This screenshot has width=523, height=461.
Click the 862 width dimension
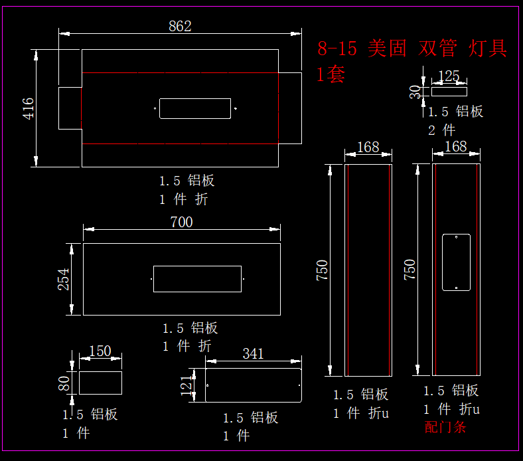[x=180, y=26]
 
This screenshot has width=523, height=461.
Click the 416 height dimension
[x=29, y=108]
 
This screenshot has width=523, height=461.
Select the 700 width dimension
[x=181, y=222]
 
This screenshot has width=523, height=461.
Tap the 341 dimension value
[x=253, y=353]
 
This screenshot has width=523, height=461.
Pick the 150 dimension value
[x=100, y=351]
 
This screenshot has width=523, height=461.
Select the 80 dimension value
[x=64, y=383]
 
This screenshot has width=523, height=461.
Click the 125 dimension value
[x=449, y=76]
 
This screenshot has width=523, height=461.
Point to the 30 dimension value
[x=416, y=92]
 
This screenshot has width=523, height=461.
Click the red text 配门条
[x=445, y=427]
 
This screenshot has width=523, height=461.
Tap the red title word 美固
[x=386, y=48]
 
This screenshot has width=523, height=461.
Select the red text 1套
[x=331, y=74]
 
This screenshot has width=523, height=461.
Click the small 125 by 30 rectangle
[x=449, y=92]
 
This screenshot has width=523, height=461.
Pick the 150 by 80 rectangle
[x=100, y=383]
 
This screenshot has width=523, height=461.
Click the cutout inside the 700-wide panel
[x=197, y=279]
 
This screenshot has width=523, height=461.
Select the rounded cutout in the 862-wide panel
[x=195, y=108]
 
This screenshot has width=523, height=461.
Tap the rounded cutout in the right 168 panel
[x=456, y=262]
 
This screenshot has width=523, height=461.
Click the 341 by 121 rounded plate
[x=253, y=385]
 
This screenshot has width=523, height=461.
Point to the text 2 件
[x=442, y=130]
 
